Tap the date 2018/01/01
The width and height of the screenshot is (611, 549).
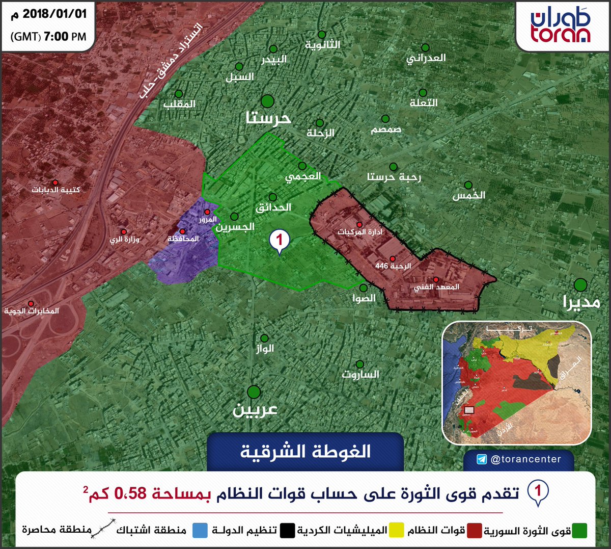point(54,14)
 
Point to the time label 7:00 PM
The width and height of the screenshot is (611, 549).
point(65,37)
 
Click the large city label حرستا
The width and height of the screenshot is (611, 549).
point(268,118)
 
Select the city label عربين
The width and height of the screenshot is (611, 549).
point(255,410)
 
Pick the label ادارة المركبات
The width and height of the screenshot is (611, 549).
point(359,232)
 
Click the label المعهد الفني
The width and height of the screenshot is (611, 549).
point(436,287)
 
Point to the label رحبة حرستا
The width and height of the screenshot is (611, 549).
point(394,177)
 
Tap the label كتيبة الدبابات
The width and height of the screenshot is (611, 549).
point(56,190)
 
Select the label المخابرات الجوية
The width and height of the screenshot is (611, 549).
point(32,310)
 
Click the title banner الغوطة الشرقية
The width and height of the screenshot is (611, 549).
point(305,452)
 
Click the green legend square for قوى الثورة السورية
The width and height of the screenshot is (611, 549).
point(579,531)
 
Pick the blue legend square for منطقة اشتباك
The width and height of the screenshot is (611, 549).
point(200,531)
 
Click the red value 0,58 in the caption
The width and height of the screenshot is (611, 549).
point(131,493)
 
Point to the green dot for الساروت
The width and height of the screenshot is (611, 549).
point(359,364)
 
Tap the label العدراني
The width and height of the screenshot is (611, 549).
point(426,58)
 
